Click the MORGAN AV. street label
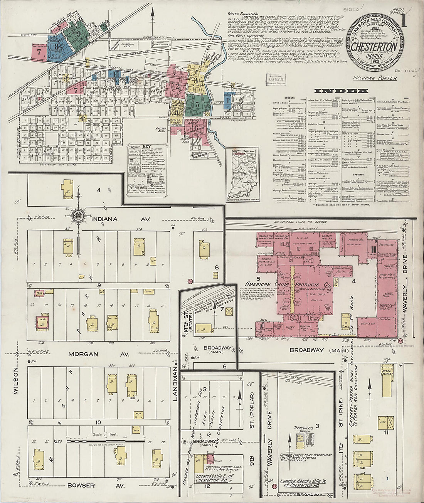click(x=83, y=354)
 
